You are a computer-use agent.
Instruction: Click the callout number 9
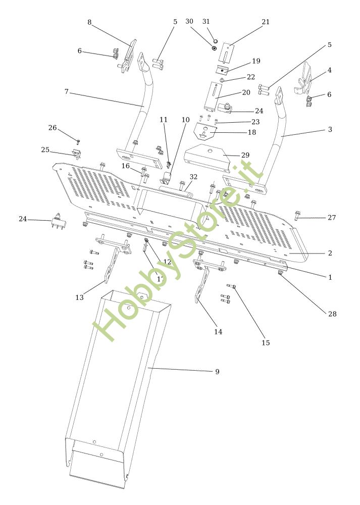pyautogui.click(x=217, y=372)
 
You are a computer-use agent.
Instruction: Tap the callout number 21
pyautogui.click(x=266, y=22)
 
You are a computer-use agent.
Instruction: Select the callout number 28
pyautogui.click(x=332, y=314)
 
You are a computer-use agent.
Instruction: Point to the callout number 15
pyautogui.click(x=266, y=343)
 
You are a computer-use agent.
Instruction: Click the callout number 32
pyautogui.click(x=193, y=177)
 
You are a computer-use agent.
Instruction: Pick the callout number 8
pyautogui.click(x=89, y=22)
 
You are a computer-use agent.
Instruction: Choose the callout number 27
pyautogui.click(x=331, y=218)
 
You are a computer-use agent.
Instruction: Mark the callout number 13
pyautogui.click(x=79, y=297)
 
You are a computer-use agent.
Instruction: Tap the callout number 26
pyautogui.click(x=53, y=128)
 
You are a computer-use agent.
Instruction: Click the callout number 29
pyautogui.click(x=245, y=155)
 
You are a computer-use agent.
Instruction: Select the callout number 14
pyautogui.click(x=218, y=332)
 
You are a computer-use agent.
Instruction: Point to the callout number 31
pyautogui.click(x=206, y=22)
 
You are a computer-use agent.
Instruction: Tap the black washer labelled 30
pyautogui.click(x=215, y=48)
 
